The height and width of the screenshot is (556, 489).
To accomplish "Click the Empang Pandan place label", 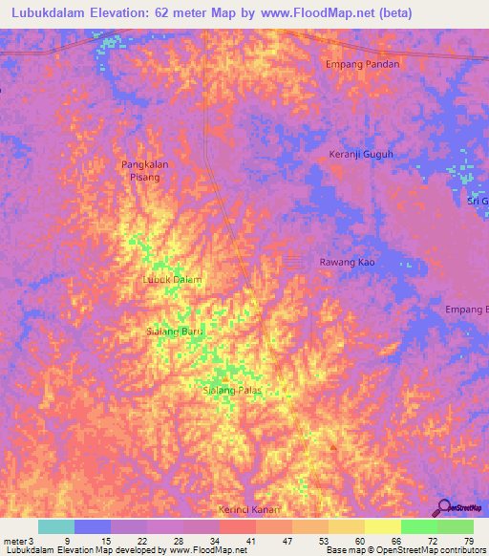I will tap(362, 64).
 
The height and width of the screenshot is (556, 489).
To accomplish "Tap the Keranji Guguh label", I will tap(361, 154).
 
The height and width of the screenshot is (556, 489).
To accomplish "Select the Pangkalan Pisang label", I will tap(145, 170).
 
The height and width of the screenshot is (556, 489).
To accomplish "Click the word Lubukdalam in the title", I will tap(53, 14).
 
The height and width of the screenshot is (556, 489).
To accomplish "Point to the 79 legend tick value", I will tap(468, 541).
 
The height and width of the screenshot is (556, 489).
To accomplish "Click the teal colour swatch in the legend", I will tap(56, 526).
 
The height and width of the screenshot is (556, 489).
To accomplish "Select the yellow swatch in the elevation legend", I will tap(382, 526).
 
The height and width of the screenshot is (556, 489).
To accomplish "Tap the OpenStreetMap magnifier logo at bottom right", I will tap(442, 508).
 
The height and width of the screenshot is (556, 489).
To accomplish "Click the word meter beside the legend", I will tap(14, 541).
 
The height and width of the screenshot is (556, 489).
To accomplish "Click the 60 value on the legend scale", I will tap(359, 541).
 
